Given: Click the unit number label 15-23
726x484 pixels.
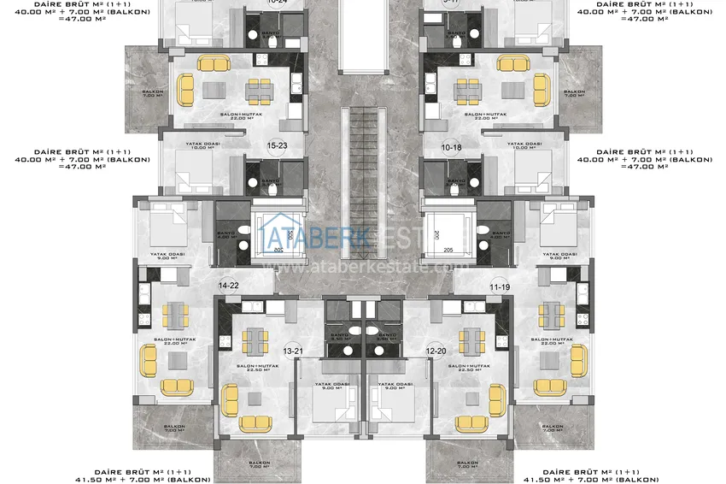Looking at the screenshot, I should click(277, 145).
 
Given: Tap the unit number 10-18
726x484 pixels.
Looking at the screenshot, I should click(452, 147).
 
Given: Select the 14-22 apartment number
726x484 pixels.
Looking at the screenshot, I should click(229, 286).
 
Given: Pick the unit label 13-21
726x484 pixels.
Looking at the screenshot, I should click(293, 351).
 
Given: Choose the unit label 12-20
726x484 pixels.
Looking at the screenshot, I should click(436, 351).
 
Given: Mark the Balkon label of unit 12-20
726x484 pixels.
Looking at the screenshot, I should click(467, 464).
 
